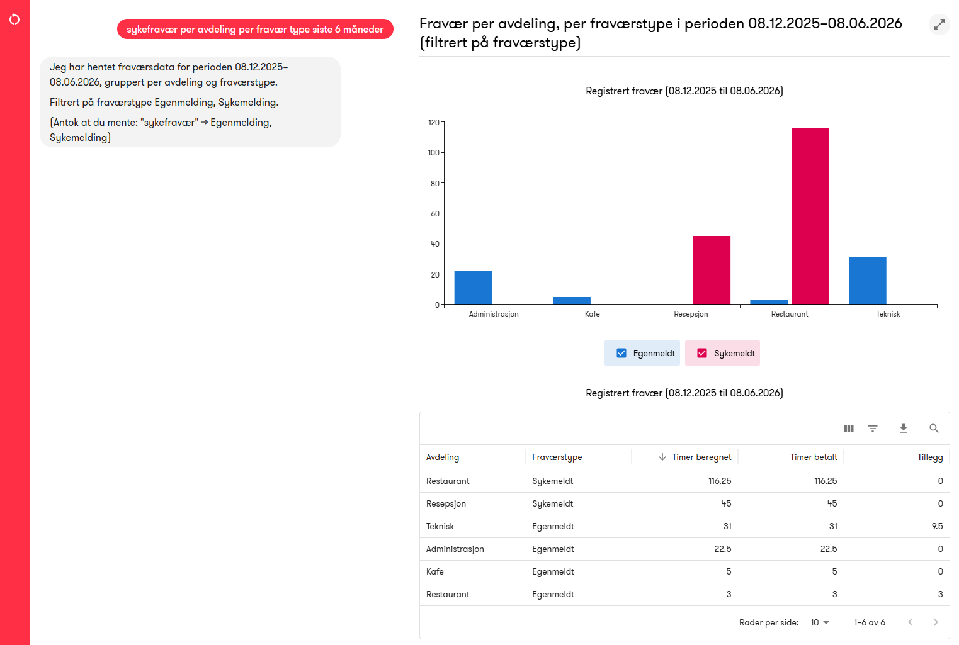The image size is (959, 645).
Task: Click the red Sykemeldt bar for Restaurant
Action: coord(810,216)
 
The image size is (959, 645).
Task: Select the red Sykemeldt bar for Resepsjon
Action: coord(712,270)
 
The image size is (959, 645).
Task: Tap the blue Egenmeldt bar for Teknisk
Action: coord(867,281)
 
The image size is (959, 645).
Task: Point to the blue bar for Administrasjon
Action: coord(473,287)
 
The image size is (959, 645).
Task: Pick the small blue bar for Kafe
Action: coord(572,301)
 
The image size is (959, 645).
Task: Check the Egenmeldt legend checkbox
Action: coord(621,353)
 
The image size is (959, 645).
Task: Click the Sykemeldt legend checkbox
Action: coord(702,353)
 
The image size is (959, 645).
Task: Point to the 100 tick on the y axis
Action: coord(433,153)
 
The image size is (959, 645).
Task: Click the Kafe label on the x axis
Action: coord(592,314)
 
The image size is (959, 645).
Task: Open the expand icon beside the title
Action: coord(939,25)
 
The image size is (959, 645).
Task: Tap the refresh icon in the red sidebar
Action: coord(14,20)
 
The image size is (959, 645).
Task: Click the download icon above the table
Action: coord(904,428)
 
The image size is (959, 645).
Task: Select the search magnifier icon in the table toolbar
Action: coord(934,428)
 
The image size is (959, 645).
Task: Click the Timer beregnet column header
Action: coord(701,457)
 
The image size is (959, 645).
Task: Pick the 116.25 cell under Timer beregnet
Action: coord(720,481)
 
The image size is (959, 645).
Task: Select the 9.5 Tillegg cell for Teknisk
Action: coord(937,526)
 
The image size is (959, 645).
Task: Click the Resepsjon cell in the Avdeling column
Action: coord(446,503)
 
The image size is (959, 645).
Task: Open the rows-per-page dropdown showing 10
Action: coord(819,622)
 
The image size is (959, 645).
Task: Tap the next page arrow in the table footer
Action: coord(936,622)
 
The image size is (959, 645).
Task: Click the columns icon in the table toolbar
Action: coord(849,428)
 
